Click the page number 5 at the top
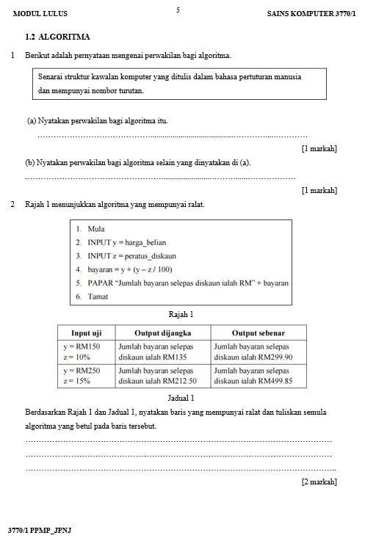[178, 10]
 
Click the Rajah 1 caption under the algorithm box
[181, 314]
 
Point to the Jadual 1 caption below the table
[181, 398]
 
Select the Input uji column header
[86, 332]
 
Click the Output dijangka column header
[160, 332]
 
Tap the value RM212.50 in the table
[177, 381]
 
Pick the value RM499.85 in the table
[271, 381]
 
